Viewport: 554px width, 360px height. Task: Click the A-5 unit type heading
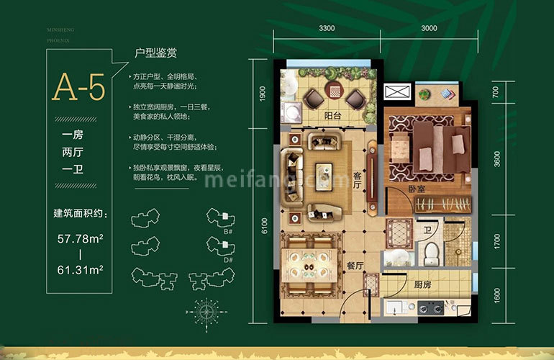tap(78, 87)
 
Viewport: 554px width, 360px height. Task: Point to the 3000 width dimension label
tap(430, 29)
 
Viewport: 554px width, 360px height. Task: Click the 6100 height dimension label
tap(264, 227)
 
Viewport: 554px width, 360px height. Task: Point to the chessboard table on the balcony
tap(335, 92)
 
